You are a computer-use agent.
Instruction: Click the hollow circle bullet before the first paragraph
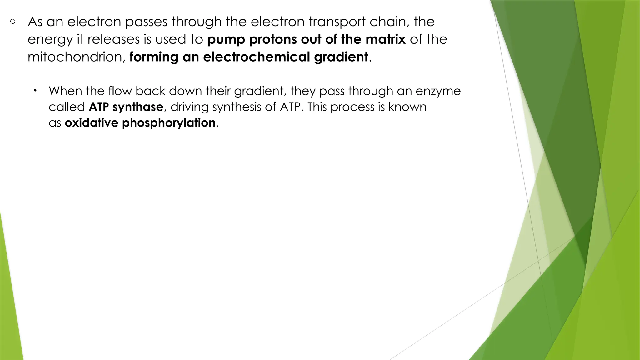13,22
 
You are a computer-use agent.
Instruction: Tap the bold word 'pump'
226,40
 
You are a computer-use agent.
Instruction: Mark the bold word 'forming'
153,57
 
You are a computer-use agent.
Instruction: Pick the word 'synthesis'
237,107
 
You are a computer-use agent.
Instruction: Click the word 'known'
407,107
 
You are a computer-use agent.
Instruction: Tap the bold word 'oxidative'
91,123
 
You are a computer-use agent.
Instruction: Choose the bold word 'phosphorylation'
169,123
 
